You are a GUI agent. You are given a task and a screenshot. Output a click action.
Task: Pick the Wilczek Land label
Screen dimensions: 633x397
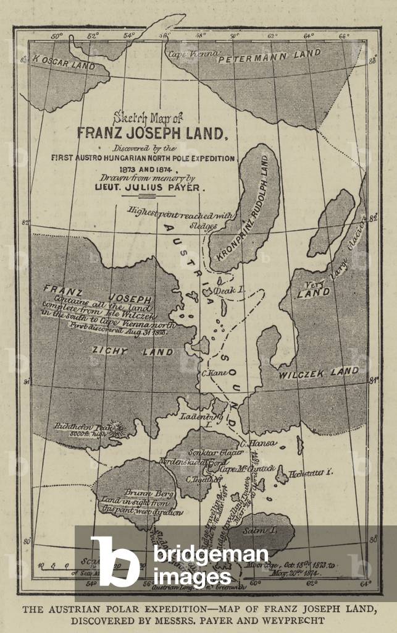319,372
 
